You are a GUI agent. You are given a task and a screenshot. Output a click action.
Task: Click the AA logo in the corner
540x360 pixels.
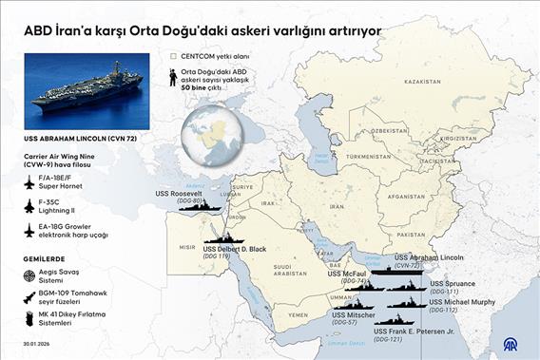coord(521,344)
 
